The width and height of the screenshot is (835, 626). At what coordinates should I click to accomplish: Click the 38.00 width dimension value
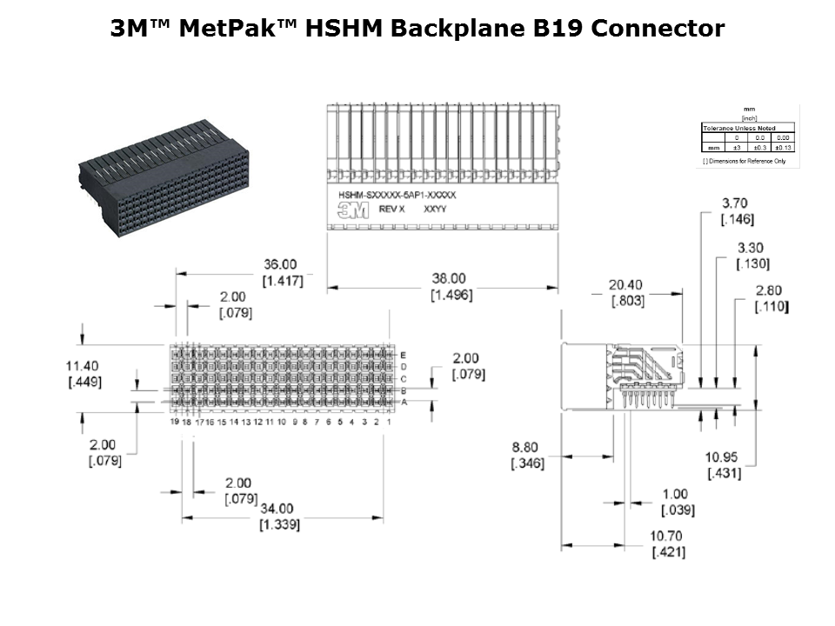click(x=450, y=278)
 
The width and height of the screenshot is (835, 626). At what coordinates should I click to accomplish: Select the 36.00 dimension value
click(x=280, y=264)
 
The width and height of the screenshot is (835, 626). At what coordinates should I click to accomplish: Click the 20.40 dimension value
click(x=625, y=284)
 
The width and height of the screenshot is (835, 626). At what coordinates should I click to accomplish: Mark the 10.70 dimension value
click(x=668, y=536)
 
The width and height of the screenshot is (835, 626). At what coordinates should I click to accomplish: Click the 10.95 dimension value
click(x=723, y=456)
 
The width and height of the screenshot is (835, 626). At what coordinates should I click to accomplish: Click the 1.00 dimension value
click(x=675, y=494)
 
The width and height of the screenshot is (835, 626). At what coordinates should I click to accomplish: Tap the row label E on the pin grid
click(x=403, y=356)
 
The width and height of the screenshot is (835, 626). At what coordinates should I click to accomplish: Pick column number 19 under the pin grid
click(x=174, y=422)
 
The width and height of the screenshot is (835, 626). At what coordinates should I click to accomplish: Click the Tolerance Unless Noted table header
click(x=738, y=128)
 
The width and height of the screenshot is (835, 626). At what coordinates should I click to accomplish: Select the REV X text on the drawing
click(x=392, y=210)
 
